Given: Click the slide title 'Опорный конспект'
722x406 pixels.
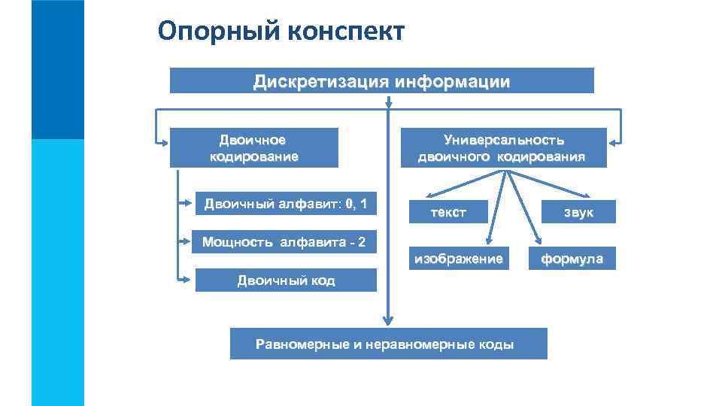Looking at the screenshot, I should tap(282, 32).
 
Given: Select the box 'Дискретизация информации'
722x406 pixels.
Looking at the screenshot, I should tap(381, 80).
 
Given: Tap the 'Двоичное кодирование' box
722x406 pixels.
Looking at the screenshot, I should tap(253, 147).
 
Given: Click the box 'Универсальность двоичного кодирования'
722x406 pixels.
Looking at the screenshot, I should tap(503, 147).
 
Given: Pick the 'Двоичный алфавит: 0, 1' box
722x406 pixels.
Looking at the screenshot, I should tap(286, 204).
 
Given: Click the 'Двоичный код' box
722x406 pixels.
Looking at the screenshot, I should tap(286, 280).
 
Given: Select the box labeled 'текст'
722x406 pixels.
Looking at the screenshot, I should tap(448, 212).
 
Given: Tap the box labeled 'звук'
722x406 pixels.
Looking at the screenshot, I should tap(580, 212).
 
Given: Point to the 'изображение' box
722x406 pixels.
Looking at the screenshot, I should tap(456, 259).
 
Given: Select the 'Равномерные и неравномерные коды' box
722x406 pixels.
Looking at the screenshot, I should tap(385, 344).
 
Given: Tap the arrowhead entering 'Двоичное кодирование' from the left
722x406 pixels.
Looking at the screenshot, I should tap(163, 141).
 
